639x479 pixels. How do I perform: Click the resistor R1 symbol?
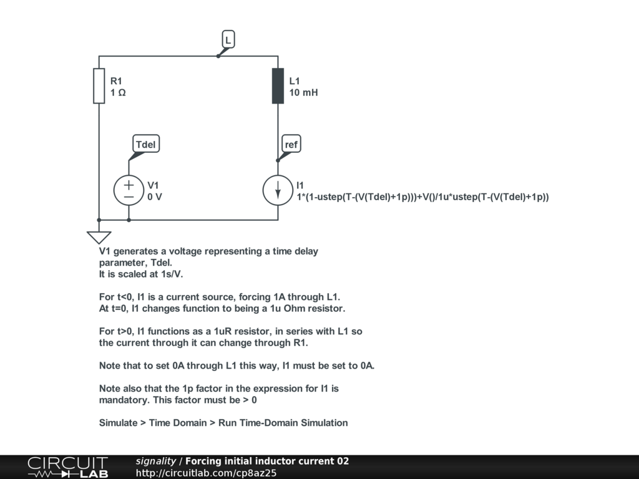click(99, 86)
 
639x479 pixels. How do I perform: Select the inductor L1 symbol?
click(278, 86)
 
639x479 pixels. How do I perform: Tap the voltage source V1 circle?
click(129, 190)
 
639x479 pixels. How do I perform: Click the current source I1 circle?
click(278, 190)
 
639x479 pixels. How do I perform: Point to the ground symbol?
click(99, 237)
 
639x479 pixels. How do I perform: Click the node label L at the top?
click(228, 40)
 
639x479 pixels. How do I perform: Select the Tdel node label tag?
click(146, 145)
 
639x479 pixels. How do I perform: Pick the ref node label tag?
click(291, 145)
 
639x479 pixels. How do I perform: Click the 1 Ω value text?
click(118, 92)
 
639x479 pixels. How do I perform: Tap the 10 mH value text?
click(303, 92)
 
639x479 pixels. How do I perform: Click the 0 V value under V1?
click(155, 196)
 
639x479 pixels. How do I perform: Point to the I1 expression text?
click(422, 197)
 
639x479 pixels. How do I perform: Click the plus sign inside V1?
click(129, 185)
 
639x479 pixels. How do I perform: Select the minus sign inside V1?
click(129, 196)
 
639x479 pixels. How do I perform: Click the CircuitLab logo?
click(67, 467)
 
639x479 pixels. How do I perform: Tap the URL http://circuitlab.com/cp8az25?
click(206, 473)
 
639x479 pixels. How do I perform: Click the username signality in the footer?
click(156, 462)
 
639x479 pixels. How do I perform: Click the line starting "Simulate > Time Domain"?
click(223, 423)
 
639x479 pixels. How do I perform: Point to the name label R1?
click(117, 81)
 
